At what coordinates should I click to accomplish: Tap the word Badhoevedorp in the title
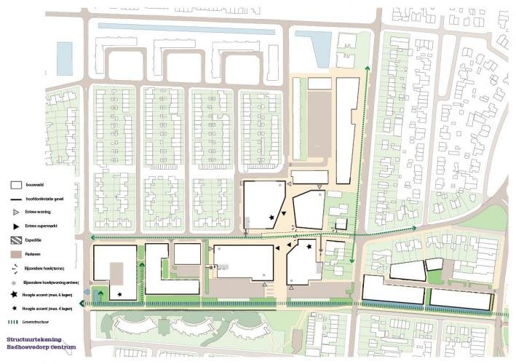22,347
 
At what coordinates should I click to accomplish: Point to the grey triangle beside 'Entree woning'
15,213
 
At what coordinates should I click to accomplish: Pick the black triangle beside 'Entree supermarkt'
15,226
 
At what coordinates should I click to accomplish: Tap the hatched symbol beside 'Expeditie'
15,240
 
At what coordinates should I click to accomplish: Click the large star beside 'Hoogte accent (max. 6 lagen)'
15,295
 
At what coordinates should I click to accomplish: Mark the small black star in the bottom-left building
120,290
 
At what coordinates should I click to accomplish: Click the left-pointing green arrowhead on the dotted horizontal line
92,238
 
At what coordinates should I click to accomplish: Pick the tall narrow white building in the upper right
347,131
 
